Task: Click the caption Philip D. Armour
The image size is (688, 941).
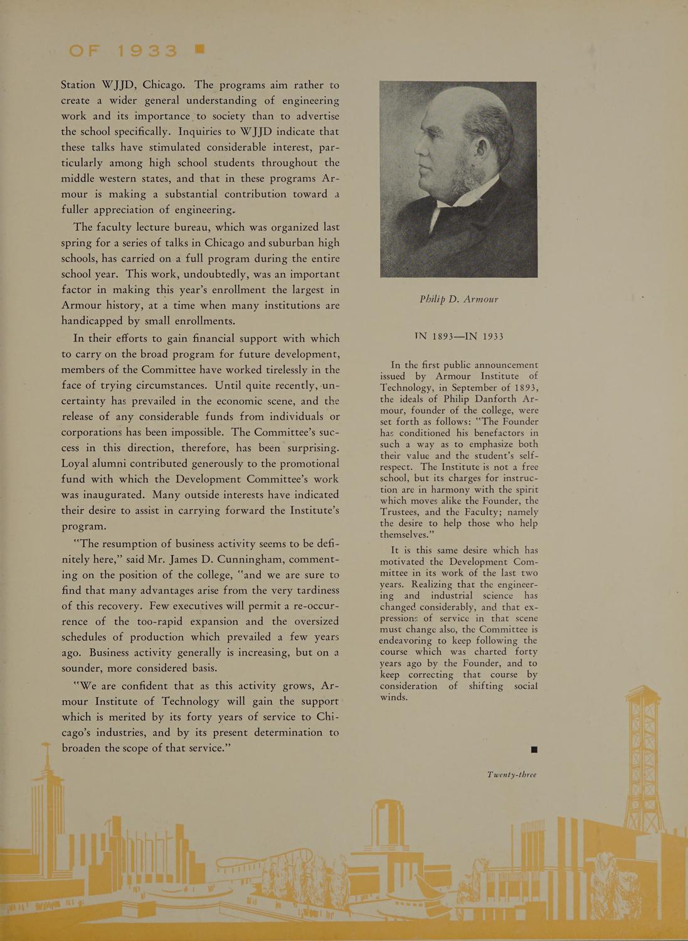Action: (458, 299)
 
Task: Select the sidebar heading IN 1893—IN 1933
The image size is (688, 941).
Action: (458, 336)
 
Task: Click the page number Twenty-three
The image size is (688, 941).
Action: (511, 774)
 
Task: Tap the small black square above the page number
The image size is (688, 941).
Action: (534, 749)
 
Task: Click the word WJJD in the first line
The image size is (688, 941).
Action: (118, 85)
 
